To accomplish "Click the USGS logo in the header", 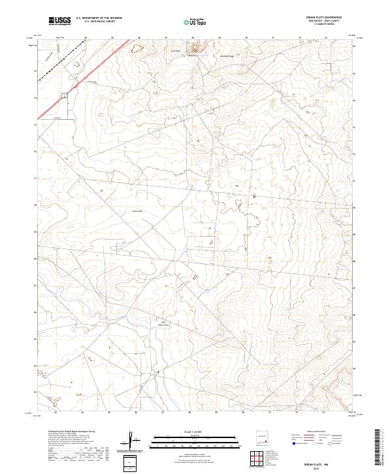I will (x=59, y=21).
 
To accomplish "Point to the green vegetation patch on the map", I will (x=273, y=102).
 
